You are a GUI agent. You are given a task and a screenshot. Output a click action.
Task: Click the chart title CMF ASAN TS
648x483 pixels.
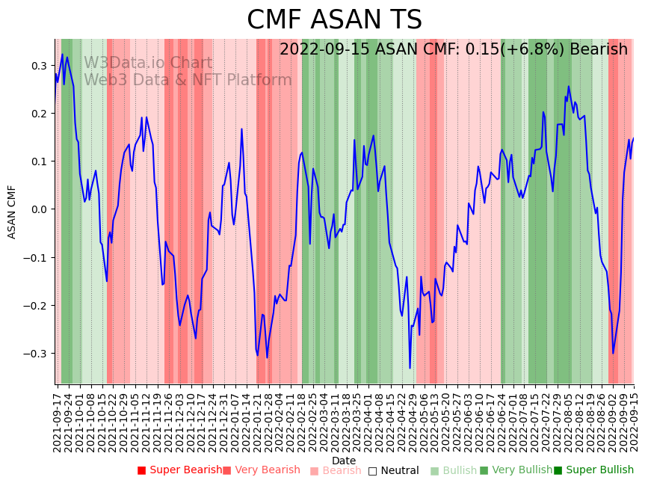[334, 20]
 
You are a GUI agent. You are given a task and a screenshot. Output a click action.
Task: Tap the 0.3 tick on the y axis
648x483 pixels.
[39, 66]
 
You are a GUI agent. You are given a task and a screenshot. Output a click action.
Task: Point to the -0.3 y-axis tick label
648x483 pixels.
[36, 354]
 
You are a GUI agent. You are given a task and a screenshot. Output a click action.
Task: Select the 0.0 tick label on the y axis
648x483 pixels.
[39, 209]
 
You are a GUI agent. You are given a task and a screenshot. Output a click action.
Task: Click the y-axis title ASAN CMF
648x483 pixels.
[12, 212]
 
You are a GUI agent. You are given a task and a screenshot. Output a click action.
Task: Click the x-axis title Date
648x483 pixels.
[344, 461]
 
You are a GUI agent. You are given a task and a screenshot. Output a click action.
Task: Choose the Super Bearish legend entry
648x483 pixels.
[179, 470]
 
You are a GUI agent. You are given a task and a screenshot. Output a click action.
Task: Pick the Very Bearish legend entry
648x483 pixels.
[262, 470]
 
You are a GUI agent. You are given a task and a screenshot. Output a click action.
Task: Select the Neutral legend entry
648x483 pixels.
[394, 470]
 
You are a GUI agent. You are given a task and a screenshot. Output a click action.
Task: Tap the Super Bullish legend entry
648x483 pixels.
[594, 470]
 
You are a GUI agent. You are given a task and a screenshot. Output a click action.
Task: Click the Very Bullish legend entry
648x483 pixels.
[516, 470]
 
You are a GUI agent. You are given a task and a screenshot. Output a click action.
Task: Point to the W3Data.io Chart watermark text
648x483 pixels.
[148, 63]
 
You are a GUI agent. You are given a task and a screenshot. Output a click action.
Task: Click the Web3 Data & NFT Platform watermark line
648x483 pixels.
[188, 80]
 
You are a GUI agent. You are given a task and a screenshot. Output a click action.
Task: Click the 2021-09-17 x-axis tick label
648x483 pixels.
[57, 419]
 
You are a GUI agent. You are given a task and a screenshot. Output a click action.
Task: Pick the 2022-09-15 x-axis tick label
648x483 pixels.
[634, 419]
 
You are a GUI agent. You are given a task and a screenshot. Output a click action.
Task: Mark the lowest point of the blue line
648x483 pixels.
[410, 368]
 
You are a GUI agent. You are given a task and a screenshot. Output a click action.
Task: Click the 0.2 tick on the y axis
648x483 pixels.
[39, 114]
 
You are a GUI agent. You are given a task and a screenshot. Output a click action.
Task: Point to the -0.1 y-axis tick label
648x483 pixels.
[36, 258]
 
